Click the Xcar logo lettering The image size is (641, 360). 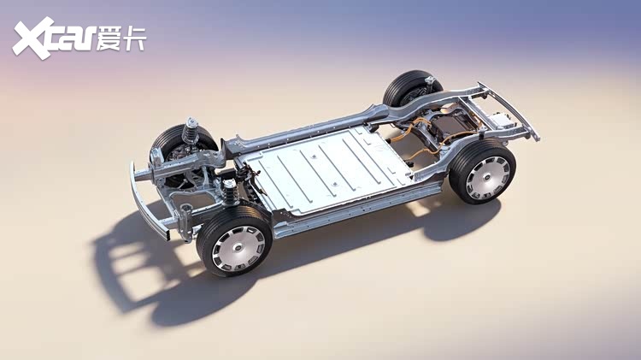click(x=53, y=38)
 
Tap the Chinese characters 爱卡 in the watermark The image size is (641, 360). click(x=121, y=38)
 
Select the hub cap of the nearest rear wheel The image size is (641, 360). click(x=488, y=178)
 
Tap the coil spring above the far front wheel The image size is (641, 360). click(x=190, y=131)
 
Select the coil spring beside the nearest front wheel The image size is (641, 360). click(x=230, y=192)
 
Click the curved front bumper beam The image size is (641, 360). click(x=146, y=204)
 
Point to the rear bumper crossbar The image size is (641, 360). click(x=509, y=109)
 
